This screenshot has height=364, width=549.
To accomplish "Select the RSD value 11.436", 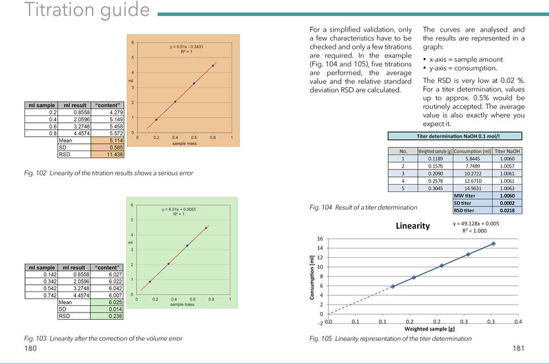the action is coord(108,154).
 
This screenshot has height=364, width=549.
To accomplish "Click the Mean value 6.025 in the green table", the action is coord(108,302).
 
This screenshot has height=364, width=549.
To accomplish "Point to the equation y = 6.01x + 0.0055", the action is coord(186,209).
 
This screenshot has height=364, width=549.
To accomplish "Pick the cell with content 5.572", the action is coord(108,133).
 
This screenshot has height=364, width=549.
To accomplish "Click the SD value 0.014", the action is coord(108,309).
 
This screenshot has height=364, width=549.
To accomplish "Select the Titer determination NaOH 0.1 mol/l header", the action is coord(455,136).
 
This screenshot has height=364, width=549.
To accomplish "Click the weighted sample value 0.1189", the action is coord(436,158).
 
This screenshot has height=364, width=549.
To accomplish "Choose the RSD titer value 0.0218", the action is coord(507,210).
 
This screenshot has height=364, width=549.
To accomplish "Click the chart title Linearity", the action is coord(412,226).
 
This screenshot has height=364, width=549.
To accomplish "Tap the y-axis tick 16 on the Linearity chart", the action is coord(320,239).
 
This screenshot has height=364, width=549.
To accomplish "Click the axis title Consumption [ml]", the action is coord(312,278).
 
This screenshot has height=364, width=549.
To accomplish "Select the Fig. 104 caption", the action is coord(363,207).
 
